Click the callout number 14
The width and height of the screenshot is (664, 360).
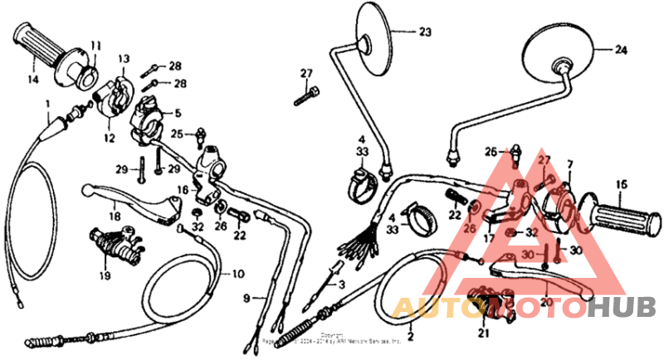(33, 80)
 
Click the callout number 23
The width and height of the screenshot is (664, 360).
(425, 32)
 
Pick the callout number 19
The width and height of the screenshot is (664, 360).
(105, 275)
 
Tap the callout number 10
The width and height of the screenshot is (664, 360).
(237, 274)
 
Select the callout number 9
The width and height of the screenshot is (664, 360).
(247, 297)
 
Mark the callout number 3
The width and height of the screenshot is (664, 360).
(340, 284)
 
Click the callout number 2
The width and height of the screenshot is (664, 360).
(408, 338)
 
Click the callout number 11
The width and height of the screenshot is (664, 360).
(95, 45)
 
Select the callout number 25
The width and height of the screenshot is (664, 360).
(177, 134)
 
